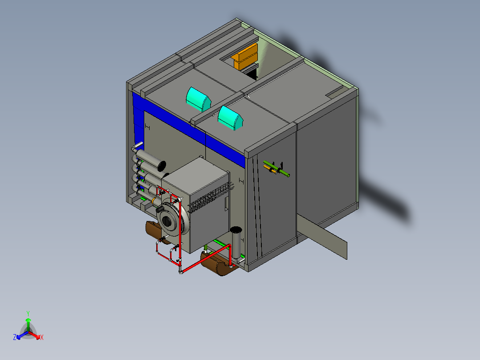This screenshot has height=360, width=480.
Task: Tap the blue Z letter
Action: pos(15,337)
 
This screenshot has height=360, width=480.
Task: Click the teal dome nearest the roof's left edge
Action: pos(198,99)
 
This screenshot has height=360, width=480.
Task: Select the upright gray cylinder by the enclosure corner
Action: pos(236,245)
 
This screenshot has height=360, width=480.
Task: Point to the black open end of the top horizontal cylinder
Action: pos(162,166)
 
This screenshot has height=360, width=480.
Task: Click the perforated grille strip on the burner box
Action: pos(212,198)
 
